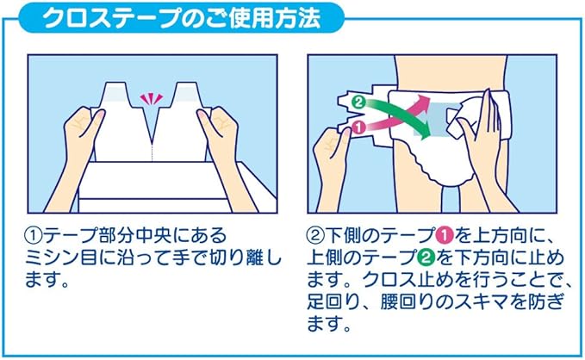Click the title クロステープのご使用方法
182,18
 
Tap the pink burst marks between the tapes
152,99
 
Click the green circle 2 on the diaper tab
358,102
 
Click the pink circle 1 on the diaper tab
358,127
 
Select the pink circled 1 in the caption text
445,235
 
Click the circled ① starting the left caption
34,235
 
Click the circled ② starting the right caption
315,235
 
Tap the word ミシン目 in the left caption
61,258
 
